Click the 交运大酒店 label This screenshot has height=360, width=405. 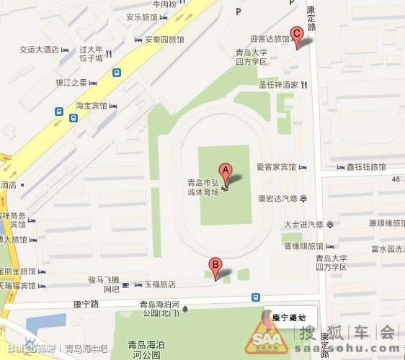39,50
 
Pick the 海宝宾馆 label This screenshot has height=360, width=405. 92,105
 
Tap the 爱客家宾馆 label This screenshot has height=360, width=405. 277,167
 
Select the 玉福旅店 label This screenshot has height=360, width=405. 159,284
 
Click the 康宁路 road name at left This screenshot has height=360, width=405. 85,304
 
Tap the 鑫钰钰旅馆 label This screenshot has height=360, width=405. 366,167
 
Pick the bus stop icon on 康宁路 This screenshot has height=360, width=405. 256,297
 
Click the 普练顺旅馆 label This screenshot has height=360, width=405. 303,246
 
